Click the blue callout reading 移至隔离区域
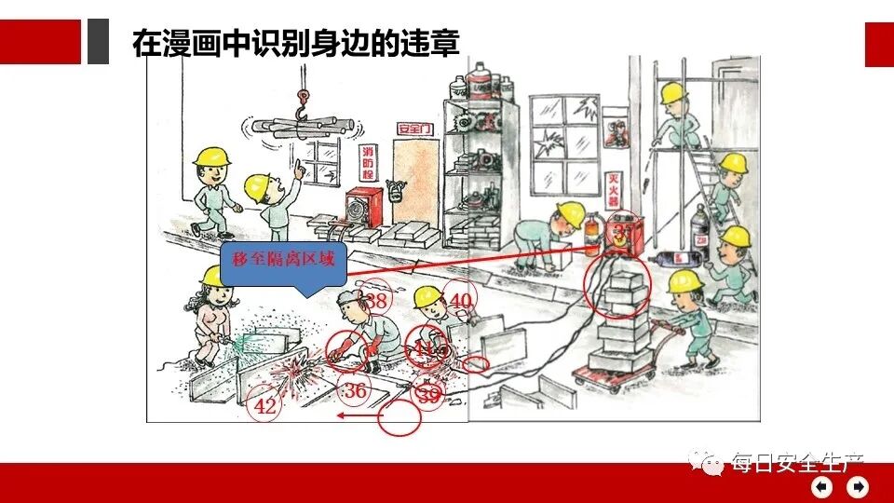283,262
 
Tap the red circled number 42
264,406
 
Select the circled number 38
376,300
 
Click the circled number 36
355,391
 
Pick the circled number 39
427,395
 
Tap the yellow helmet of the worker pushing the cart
684,281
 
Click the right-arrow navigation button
857,486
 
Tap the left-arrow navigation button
821,486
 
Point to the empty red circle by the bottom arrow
400,418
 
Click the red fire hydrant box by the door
359,208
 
